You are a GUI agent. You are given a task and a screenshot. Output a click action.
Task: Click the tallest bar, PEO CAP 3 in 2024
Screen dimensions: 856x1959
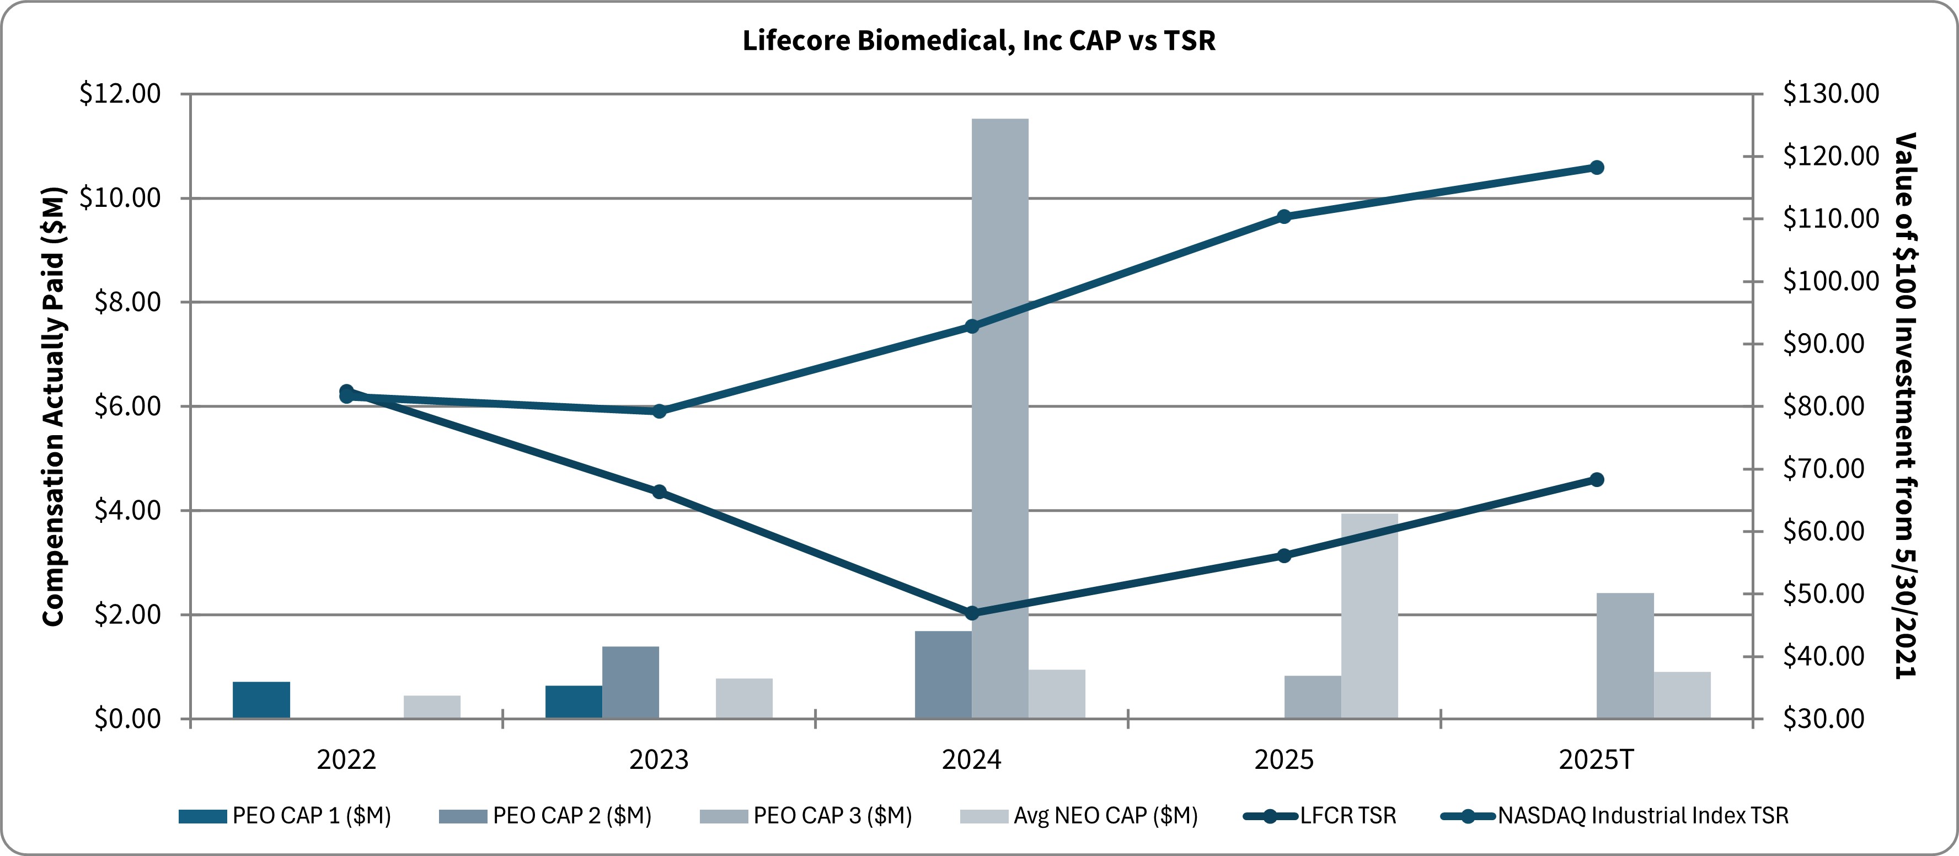pyautogui.click(x=1000, y=418)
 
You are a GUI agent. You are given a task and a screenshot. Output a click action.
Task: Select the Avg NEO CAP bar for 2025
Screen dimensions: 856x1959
pyautogui.click(x=1369, y=616)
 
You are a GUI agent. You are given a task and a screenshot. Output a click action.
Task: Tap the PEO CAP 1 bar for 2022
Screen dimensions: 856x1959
pyautogui.click(x=261, y=700)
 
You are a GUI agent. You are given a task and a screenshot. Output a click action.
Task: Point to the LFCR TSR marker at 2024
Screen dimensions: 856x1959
pyautogui.click(x=971, y=613)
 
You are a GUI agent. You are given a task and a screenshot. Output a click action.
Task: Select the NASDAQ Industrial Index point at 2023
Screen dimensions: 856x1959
pyautogui.click(x=659, y=411)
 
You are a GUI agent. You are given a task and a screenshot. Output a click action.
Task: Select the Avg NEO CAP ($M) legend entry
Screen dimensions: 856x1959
pyautogui.click(x=1080, y=816)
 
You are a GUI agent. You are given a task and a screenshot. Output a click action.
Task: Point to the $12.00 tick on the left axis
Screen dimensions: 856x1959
pyautogui.click(x=120, y=94)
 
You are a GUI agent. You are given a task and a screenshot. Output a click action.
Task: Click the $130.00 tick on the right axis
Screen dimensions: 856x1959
pyautogui.click(x=1830, y=94)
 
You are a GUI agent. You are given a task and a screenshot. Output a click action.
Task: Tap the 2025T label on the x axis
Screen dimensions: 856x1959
pyautogui.click(x=1596, y=759)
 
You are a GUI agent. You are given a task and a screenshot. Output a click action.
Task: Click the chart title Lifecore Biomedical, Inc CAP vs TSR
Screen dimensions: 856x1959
pyautogui.click(x=979, y=40)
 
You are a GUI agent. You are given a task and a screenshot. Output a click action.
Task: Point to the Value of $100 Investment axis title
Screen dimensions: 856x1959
pyautogui.click(x=1906, y=406)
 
